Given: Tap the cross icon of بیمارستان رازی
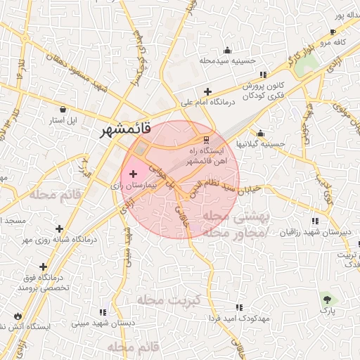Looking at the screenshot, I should pyautogui.click(x=134, y=173).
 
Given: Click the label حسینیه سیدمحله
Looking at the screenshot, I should pyautogui.click(x=226, y=61).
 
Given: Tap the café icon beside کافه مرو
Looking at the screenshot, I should pyautogui.click(x=333, y=32).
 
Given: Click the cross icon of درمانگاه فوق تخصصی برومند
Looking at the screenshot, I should pyautogui.click(x=44, y=266).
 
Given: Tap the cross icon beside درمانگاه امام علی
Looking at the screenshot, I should pyautogui.click(x=207, y=91).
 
